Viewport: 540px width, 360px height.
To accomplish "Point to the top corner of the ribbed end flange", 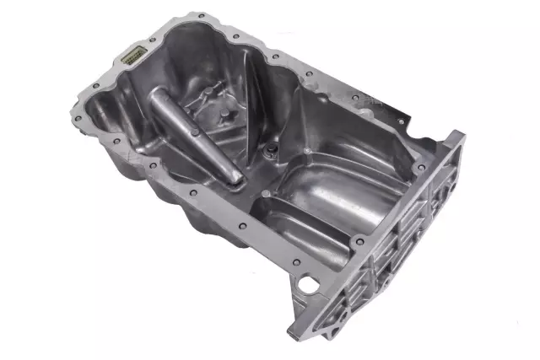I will pos(460,135).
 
